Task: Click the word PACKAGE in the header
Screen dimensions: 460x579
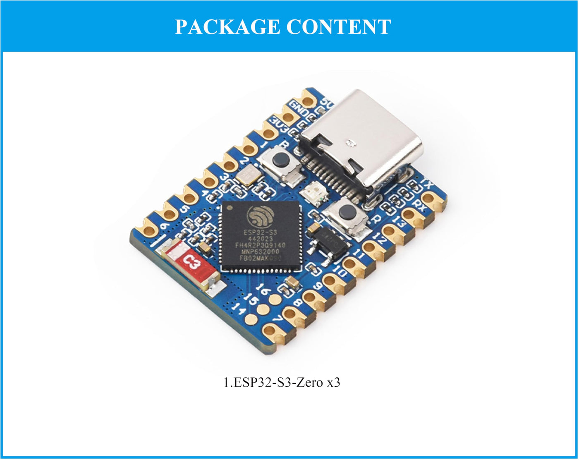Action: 227,27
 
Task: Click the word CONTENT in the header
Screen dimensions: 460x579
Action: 338,27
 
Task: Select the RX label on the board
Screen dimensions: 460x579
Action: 418,204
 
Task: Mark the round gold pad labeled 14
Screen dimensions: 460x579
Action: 251,319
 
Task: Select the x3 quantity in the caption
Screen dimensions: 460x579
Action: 333,382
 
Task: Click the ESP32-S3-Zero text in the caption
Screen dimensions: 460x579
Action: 278,382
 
